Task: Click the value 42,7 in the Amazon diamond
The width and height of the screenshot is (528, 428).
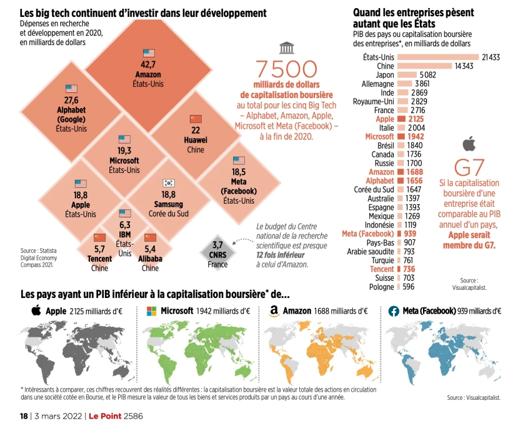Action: click(x=148, y=65)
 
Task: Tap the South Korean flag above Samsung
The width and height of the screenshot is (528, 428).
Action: click(x=168, y=182)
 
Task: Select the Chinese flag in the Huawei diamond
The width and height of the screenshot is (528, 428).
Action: click(x=196, y=119)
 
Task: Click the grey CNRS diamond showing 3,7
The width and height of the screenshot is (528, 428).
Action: click(x=217, y=251)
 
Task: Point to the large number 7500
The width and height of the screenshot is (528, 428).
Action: click(x=287, y=70)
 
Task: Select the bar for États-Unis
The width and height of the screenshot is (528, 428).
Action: click(x=438, y=57)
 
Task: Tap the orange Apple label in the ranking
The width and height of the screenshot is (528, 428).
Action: click(x=385, y=119)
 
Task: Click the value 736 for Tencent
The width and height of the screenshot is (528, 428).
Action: click(x=408, y=269)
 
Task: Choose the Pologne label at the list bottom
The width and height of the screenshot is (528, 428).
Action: click(x=381, y=287)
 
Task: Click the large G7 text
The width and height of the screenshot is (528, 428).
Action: click(x=473, y=167)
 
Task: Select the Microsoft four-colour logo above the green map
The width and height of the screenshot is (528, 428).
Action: click(x=151, y=311)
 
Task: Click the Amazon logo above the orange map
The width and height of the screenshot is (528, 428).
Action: click(x=273, y=311)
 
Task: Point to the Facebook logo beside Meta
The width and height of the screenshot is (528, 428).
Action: click(x=394, y=311)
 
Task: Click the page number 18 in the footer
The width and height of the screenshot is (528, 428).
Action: click(x=24, y=416)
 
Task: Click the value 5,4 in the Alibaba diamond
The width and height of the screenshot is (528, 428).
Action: click(x=150, y=249)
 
